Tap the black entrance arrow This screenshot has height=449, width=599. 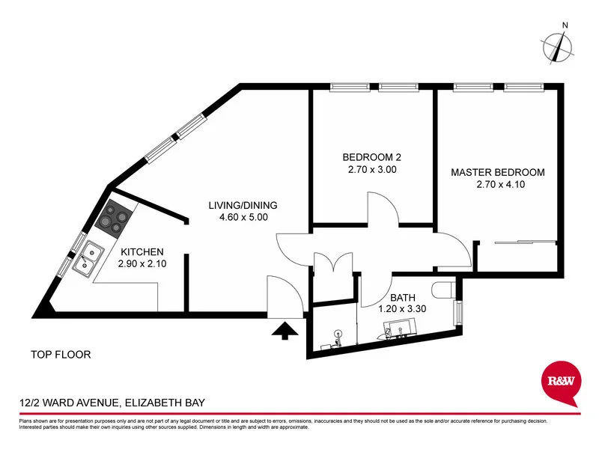(285, 330)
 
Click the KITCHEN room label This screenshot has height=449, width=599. (140, 252)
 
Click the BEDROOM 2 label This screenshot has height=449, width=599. (372, 157)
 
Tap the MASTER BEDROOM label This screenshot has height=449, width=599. (497, 172)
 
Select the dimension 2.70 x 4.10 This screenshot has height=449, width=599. (497, 185)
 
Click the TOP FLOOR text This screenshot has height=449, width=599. (61, 355)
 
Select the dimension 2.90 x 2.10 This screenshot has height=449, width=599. (140, 264)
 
